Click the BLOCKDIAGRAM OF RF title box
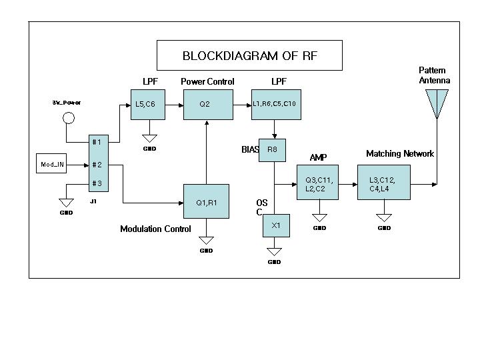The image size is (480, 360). pyautogui.click(x=249, y=55)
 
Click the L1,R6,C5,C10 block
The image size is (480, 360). pyautogui.click(x=274, y=105)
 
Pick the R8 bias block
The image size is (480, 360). pyautogui.click(x=272, y=150)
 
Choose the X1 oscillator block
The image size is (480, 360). pyautogui.click(x=276, y=226)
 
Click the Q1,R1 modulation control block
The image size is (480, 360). pyautogui.click(x=206, y=201)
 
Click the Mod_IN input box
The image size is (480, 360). pyautogui.click(x=53, y=164)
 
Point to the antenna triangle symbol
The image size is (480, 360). pyautogui.click(x=437, y=102)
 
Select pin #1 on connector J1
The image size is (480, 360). pyautogui.click(x=97, y=142)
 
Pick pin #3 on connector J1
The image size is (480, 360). pyautogui.click(x=97, y=183)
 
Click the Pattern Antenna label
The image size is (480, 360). pyautogui.click(x=434, y=75)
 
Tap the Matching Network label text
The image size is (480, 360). pyautogui.click(x=400, y=154)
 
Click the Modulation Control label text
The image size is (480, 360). pyautogui.click(x=155, y=229)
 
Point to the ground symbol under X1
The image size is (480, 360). pyautogui.click(x=274, y=252)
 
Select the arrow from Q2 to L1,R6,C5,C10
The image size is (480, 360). pyautogui.click(x=241, y=105)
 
